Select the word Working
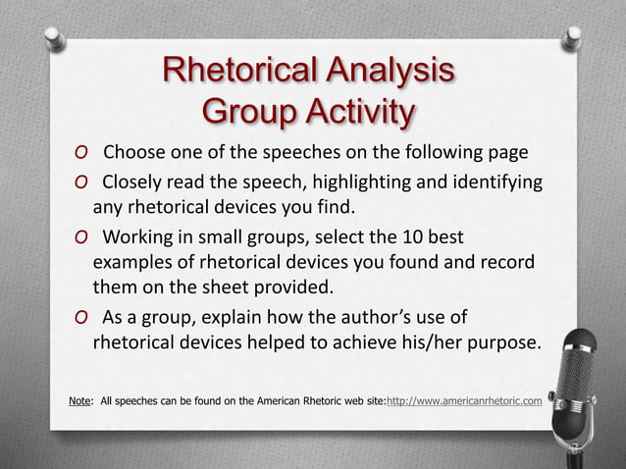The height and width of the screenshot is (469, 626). [x=137, y=239]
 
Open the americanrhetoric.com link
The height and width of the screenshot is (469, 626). [x=464, y=400]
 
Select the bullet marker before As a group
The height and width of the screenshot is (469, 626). [x=79, y=318]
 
